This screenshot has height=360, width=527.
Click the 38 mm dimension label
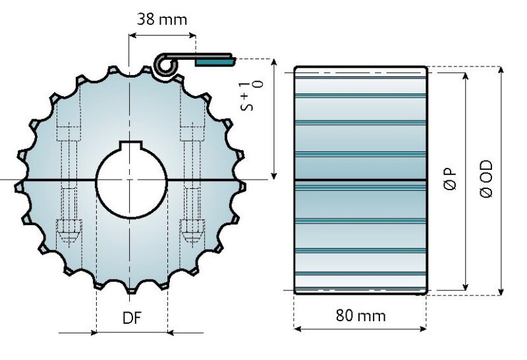[162, 19]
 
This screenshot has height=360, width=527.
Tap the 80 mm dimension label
[360, 315]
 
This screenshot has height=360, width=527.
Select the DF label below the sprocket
[132, 319]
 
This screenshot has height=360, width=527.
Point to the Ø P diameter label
[451, 179]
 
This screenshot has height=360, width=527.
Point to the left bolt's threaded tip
[69, 231]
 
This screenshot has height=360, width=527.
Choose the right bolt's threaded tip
[192, 231]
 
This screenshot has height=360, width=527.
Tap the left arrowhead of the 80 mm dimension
[297, 328]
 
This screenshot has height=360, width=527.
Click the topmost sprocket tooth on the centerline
[131, 66]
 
